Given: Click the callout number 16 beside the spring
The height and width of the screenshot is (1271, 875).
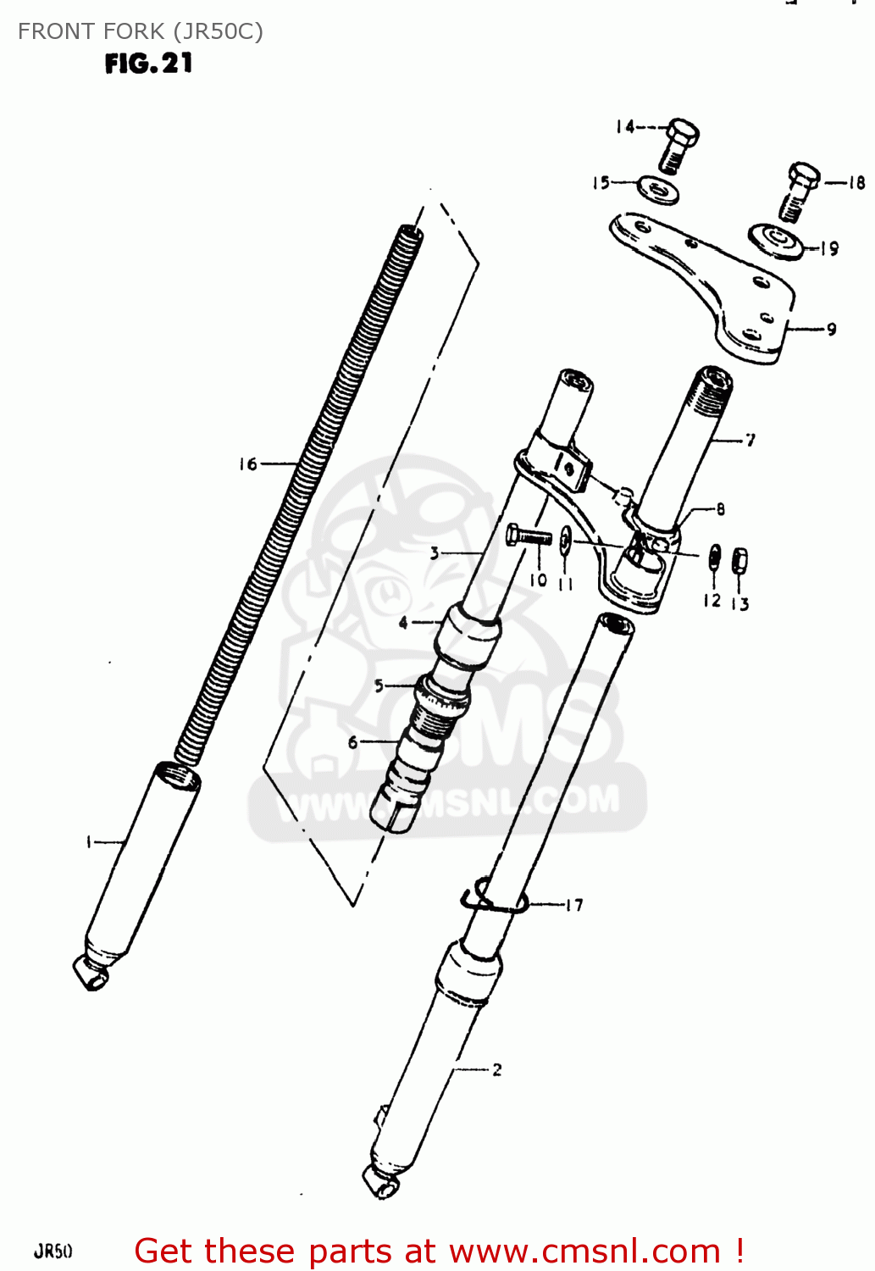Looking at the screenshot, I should tap(247, 464).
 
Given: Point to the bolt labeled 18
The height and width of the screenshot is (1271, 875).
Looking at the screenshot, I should tap(798, 191).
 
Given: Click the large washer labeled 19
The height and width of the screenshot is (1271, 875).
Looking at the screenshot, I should tap(775, 241).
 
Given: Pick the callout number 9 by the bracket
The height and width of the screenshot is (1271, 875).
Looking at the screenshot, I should tap(831, 329).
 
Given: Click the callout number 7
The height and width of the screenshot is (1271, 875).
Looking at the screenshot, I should tap(750, 439).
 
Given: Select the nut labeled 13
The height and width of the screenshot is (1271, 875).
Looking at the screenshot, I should tap(739, 560).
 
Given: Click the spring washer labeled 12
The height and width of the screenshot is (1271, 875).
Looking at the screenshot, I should tap(714, 558).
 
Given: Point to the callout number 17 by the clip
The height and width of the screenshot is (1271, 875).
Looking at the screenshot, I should tap(574, 905).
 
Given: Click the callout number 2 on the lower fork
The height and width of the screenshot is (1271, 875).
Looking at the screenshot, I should tap(496, 1069).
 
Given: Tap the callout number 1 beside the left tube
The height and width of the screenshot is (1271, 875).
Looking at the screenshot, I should tap(89, 842).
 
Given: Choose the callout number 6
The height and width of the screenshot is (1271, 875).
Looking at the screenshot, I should tap(353, 742).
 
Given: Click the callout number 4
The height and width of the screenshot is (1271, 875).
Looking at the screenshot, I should tap(403, 623).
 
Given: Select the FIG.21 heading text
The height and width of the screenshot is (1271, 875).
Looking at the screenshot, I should tap(148, 64).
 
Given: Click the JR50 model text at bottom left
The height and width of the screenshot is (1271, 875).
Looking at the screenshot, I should tap(53, 1251).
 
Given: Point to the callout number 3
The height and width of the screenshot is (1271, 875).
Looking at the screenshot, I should tap(435, 553).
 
